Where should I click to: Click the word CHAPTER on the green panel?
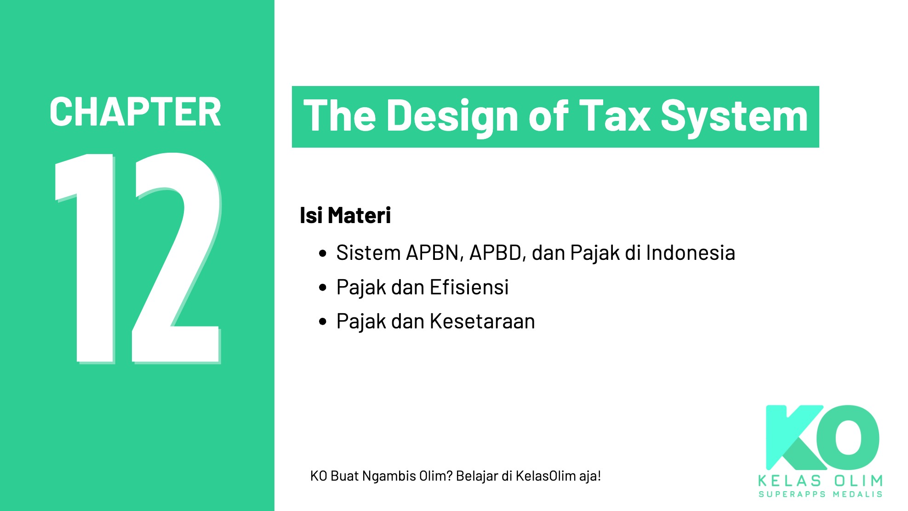click(x=135, y=112)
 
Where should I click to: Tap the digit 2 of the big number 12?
click(x=177, y=258)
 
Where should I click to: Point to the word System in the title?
click(x=734, y=117)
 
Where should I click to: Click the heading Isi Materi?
click(x=345, y=215)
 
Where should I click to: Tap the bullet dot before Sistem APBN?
click(x=323, y=253)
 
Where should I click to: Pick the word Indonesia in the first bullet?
click(x=690, y=253)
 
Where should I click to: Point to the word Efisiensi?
click(x=469, y=287)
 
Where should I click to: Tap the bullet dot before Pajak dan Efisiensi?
click(x=323, y=288)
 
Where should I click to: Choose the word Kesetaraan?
click(x=482, y=322)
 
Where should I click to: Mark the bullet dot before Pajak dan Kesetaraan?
click(x=323, y=322)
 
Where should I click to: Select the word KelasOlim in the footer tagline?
click(x=545, y=476)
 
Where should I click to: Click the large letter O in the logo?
click(x=849, y=435)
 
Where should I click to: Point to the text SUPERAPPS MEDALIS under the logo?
click(x=820, y=494)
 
